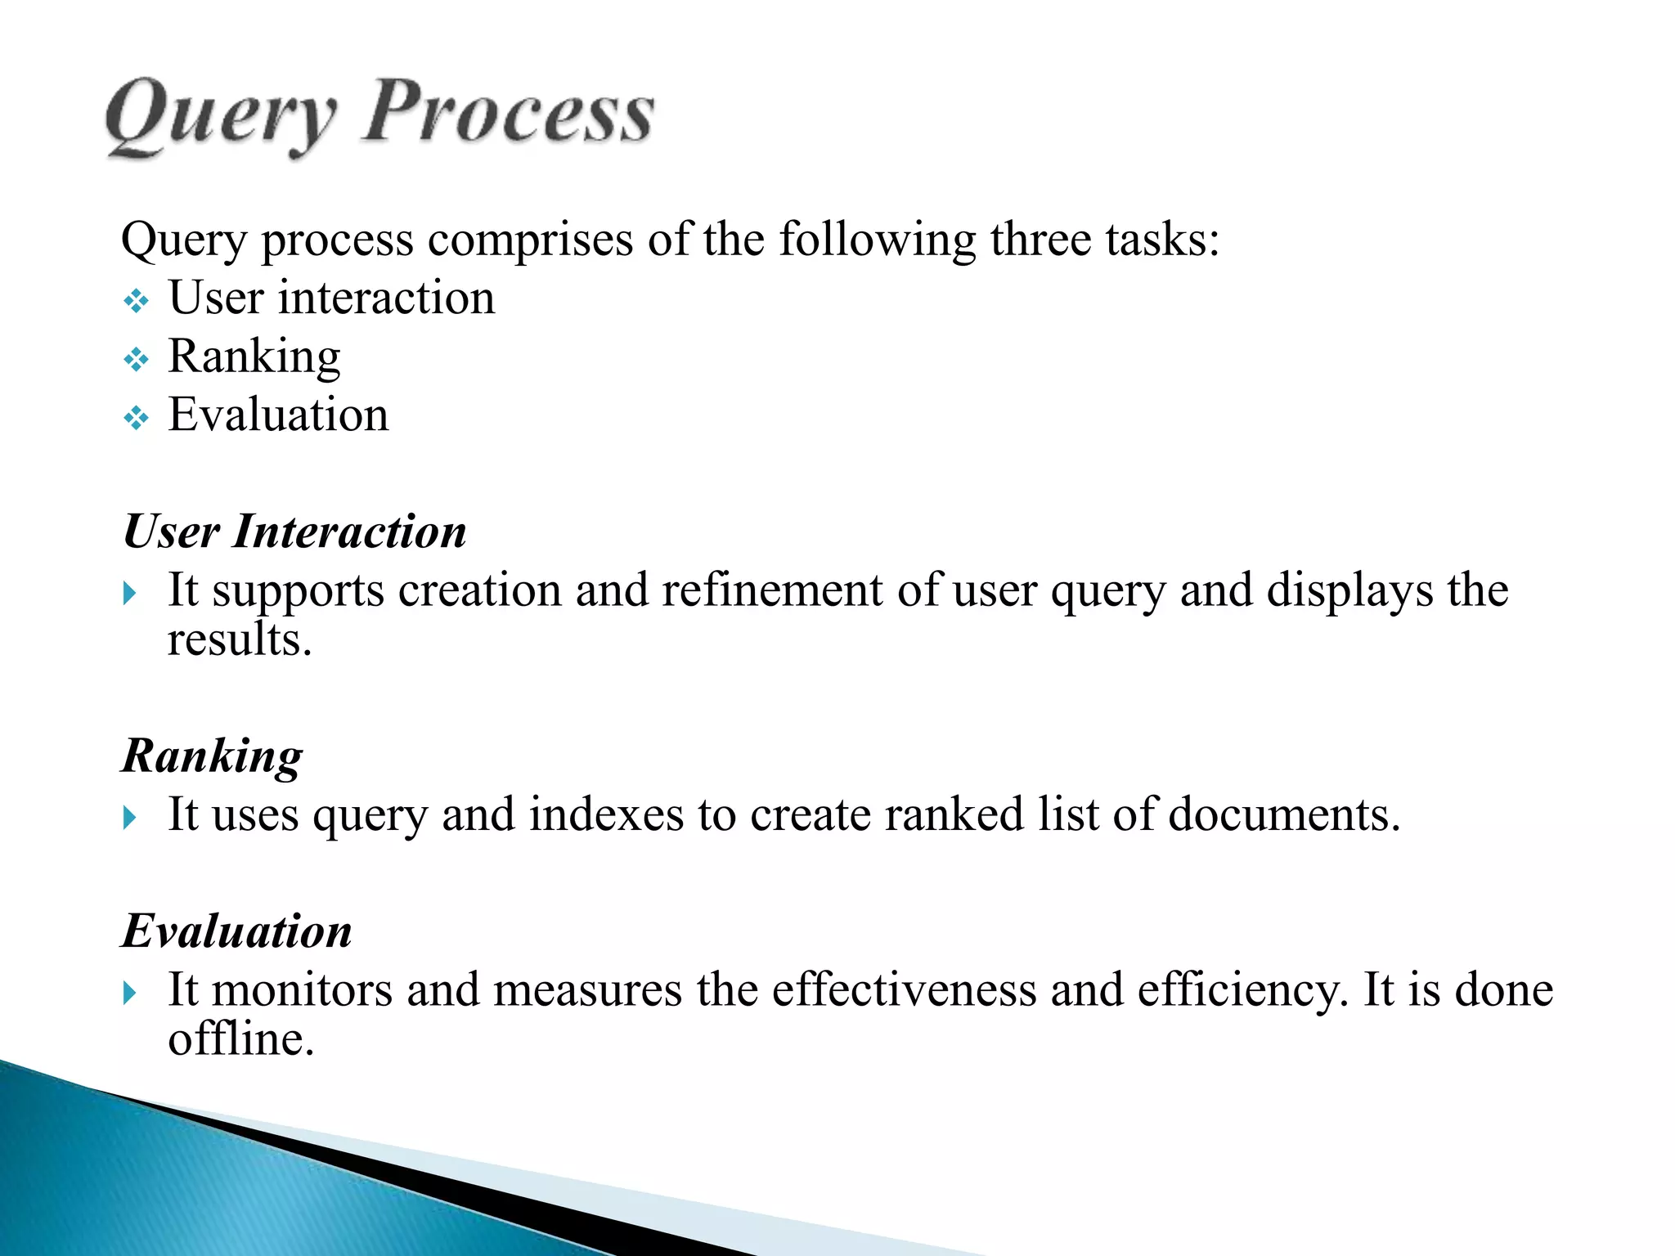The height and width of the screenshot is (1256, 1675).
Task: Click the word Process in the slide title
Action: tap(508, 114)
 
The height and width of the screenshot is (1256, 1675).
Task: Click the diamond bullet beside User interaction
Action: tap(136, 302)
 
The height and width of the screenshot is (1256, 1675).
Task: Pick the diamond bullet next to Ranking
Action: tap(136, 360)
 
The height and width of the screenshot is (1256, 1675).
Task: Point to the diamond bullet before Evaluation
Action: tap(136, 419)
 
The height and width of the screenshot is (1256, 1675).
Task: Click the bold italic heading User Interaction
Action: tap(294, 532)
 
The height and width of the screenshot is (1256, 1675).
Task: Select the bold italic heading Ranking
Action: tap(212, 756)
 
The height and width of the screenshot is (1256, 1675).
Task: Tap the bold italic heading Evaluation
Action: tap(237, 931)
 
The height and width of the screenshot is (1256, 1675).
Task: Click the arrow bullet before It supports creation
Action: tap(129, 593)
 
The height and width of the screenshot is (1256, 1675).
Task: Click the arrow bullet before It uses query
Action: tap(129, 817)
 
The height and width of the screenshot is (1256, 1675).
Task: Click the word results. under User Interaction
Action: tap(240, 639)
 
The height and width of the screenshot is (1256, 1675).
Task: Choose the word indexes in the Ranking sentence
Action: tap(606, 815)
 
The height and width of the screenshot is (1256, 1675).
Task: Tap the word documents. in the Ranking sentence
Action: tap(1284, 815)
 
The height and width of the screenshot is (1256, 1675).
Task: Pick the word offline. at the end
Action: tap(240, 1039)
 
